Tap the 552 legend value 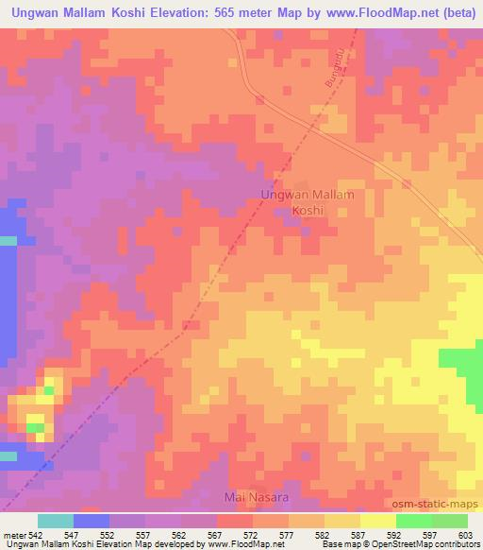coord(109,534)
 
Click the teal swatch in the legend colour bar coord(55,521)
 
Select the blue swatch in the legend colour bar coord(91,521)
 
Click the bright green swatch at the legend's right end coord(449,521)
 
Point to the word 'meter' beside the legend coord(13,534)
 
